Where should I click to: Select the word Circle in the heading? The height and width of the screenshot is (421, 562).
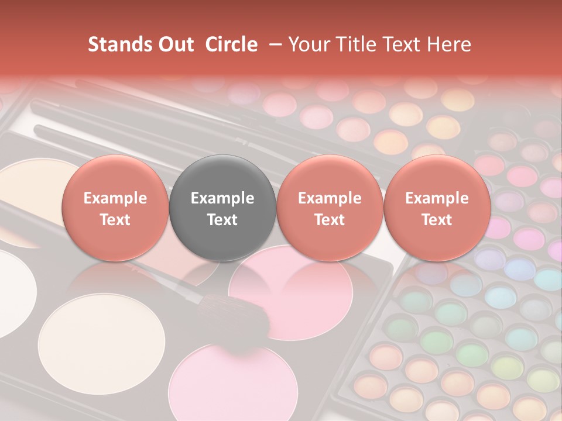coord(231,44)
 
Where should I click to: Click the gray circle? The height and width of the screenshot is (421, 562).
coord(222,208)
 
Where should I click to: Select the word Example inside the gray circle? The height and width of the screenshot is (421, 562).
coord(222,198)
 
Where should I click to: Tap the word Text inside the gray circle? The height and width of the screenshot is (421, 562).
coord(222,220)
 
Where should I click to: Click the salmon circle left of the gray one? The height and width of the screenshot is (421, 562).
coord(115,208)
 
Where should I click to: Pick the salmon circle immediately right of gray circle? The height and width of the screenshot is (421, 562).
coord(330,208)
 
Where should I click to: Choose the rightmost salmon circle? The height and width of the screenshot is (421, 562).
coord(437,208)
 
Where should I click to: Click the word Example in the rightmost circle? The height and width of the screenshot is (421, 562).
coord(437,198)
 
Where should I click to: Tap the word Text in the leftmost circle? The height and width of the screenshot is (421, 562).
coord(115,220)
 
